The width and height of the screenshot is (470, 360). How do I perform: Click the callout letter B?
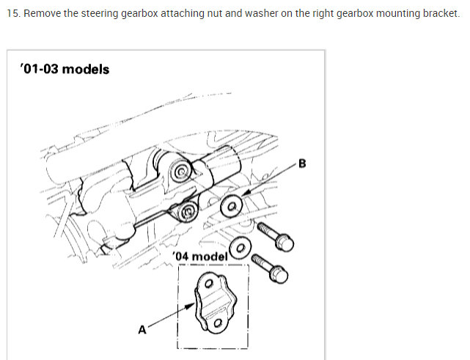pos(301,164)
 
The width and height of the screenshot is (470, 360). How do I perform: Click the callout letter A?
pos(143,329)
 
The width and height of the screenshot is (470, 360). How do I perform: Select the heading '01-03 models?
pos(65,69)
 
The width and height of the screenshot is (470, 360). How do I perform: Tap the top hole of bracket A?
pos(209,283)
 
